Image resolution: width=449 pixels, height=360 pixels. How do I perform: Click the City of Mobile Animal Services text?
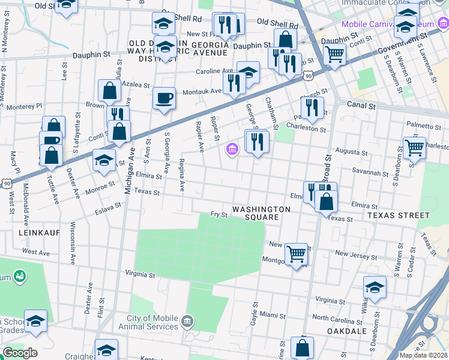pyautogui.click(x=152, y=322)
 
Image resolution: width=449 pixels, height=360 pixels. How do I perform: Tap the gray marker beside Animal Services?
pyautogui.click(x=188, y=322)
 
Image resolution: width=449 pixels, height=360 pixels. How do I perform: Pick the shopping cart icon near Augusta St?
pyautogui.click(x=414, y=147)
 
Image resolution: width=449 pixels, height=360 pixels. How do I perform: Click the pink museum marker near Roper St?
pyautogui.click(x=232, y=149)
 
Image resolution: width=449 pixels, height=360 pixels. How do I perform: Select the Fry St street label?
pyautogui.click(x=218, y=214)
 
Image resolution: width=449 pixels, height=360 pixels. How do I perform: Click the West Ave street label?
pyautogui.click(x=36, y=252)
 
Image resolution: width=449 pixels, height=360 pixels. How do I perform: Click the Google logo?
pyautogui.click(x=20, y=353)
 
